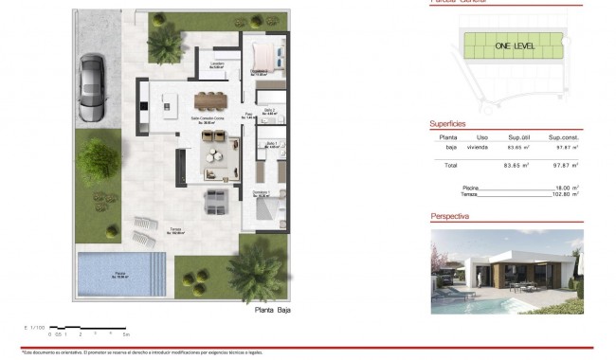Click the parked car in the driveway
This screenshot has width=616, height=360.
(93, 88)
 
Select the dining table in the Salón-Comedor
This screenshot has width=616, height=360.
(212, 99)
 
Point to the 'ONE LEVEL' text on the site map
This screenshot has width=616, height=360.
(513, 45)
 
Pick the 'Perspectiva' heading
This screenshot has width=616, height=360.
(452, 216)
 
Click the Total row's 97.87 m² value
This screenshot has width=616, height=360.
(567, 166)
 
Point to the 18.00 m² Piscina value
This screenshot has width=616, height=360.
(567, 188)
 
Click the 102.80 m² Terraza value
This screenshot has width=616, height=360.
(566, 194)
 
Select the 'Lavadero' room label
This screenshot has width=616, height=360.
(216, 65)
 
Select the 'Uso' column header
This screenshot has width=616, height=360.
(482, 136)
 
